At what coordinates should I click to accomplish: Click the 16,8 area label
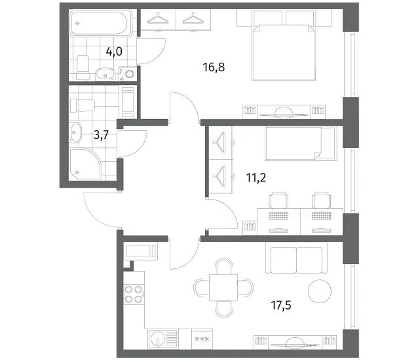click(x=214, y=67)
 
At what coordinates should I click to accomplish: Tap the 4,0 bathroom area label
click(x=114, y=52)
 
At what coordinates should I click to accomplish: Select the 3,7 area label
click(x=102, y=135)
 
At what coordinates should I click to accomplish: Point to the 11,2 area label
click(x=256, y=177)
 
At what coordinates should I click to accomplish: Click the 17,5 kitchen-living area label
click(x=281, y=305)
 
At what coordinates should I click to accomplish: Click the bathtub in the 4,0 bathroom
click(x=101, y=23)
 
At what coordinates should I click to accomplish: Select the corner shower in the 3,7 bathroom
click(x=85, y=164)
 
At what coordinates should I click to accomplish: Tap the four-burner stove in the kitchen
click(x=134, y=295)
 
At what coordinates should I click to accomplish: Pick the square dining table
click(x=223, y=287)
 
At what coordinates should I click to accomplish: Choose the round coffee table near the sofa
click(x=320, y=291)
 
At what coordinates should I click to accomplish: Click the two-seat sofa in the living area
click(x=296, y=258)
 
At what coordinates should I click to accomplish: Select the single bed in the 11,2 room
click(x=301, y=143)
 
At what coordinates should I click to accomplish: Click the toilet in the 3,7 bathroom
click(x=82, y=105)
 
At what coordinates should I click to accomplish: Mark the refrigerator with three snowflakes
click(x=202, y=338)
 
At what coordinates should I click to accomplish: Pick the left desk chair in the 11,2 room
click(x=279, y=200)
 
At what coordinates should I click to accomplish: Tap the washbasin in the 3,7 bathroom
click(x=75, y=132)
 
